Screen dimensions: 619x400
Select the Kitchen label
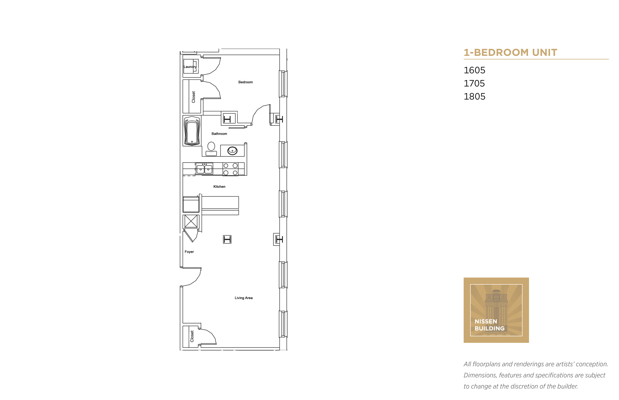(219, 186)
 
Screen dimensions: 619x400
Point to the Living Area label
(244, 298)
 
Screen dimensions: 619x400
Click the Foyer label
(189, 252)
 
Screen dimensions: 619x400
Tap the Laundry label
(190, 67)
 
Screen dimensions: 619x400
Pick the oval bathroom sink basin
(232, 151)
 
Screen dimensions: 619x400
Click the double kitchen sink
(205, 169)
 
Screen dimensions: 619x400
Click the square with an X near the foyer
(191, 222)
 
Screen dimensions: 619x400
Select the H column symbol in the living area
(227, 240)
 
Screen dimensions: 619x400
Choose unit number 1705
(474, 83)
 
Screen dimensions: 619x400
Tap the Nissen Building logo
(496, 310)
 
